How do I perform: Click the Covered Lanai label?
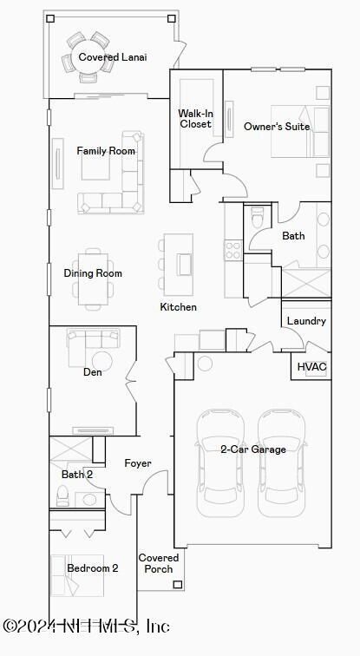(x=113, y=57)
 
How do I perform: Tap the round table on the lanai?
(x=89, y=57)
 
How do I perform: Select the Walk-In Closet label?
(x=195, y=118)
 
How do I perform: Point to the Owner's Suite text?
(x=277, y=127)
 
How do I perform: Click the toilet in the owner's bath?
(x=257, y=216)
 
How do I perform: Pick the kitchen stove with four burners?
(x=233, y=250)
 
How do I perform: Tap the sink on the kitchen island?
(x=185, y=265)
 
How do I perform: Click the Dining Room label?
(x=93, y=273)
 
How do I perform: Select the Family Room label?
(x=106, y=151)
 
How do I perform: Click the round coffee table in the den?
(x=102, y=361)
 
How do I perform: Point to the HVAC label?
(x=311, y=367)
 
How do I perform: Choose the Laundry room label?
(x=306, y=321)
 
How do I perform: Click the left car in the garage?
(x=220, y=462)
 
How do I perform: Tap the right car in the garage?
(x=281, y=462)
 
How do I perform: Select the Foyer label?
(x=138, y=463)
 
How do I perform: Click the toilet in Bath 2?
(x=62, y=495)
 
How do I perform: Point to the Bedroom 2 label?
(x=93, y=568)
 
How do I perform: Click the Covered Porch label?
(x=159, y=563)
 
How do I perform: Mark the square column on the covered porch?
(x=178, y=585)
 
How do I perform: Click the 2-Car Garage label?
(x=253, y=449)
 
